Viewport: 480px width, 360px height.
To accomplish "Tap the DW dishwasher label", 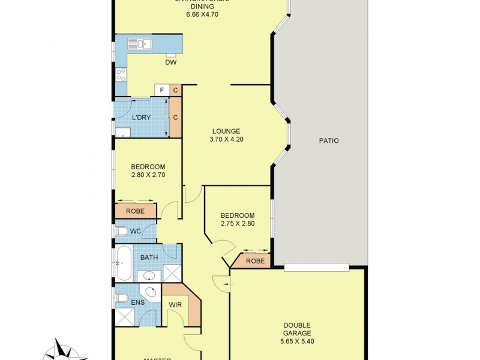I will point(171,62).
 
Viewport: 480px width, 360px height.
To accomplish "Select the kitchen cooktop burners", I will point(121,75).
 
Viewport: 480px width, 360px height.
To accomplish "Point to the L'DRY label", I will point(141,118).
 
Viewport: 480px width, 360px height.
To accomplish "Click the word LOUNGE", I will point(226,131).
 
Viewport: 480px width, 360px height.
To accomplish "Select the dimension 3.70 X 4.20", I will point(226,139).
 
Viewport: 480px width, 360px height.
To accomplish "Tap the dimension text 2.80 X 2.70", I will point(148,175).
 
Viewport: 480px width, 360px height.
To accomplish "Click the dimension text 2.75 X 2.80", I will point(238,224).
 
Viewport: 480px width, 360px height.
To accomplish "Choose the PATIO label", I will point(329,141).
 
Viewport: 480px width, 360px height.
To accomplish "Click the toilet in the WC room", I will point(121,232).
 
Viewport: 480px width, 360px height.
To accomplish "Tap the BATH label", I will point(149,257).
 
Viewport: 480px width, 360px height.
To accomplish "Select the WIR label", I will point(175,305).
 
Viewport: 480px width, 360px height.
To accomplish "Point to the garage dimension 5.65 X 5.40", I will point(298,341).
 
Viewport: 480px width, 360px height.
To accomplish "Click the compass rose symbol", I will point(63,351).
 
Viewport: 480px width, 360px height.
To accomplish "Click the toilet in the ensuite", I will point(121,298).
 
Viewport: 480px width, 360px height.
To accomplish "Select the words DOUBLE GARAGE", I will point(298,329).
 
